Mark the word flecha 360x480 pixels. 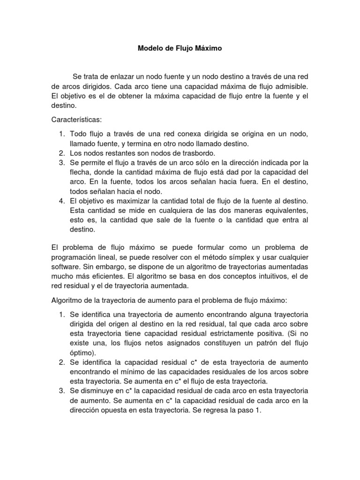[x=81, y=172]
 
